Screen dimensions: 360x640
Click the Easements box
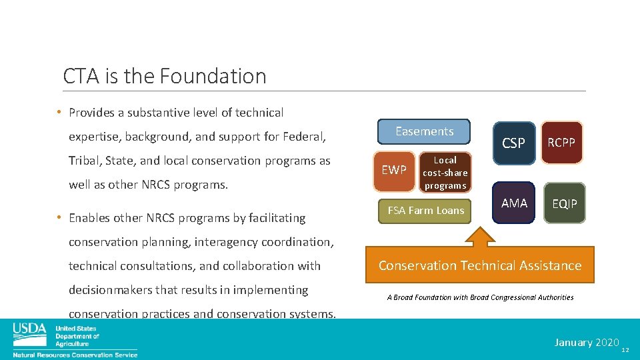pyautogui.click(x=424, y=131)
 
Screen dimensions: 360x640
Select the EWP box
pyautogui.click(x=393, y=170)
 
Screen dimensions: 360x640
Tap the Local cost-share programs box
pyautogui.click(x=445, y=173)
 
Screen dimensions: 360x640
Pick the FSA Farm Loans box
pyautogui.click(x=425, y=211)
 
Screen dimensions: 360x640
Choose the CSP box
pyautogui.click(x=513, y=143)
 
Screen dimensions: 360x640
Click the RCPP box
pyautogui.click(x=561, y=142)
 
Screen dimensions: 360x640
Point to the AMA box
pyautogui.click(x=514, y=203)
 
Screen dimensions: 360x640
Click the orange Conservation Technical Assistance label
pyautogui.click(x=480, y=265)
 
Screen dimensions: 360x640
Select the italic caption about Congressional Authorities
pyautogui.click(x=480, y=297)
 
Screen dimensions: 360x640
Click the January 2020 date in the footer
pyautogui.click(x=587, y=342)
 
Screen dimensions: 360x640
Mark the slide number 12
pyautogui.click(x=625, y=350)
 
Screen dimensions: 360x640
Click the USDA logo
pyautogui.click(x=30, y=331)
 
